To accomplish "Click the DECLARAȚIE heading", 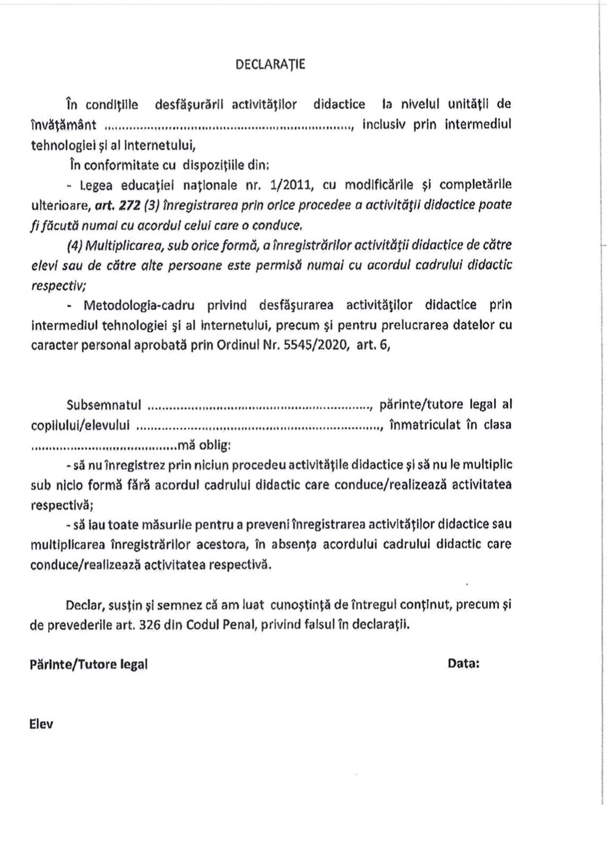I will coord(270,65).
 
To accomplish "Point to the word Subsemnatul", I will coord(104,405).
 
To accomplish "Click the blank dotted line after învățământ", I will coord(228,126).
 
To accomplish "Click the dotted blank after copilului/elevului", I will coord(260,427).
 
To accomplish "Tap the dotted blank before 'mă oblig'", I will coord(104,446).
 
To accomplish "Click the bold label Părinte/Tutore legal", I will coord(89,664).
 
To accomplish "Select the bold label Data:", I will coord(464,664).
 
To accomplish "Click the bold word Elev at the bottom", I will coord(41,724).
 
